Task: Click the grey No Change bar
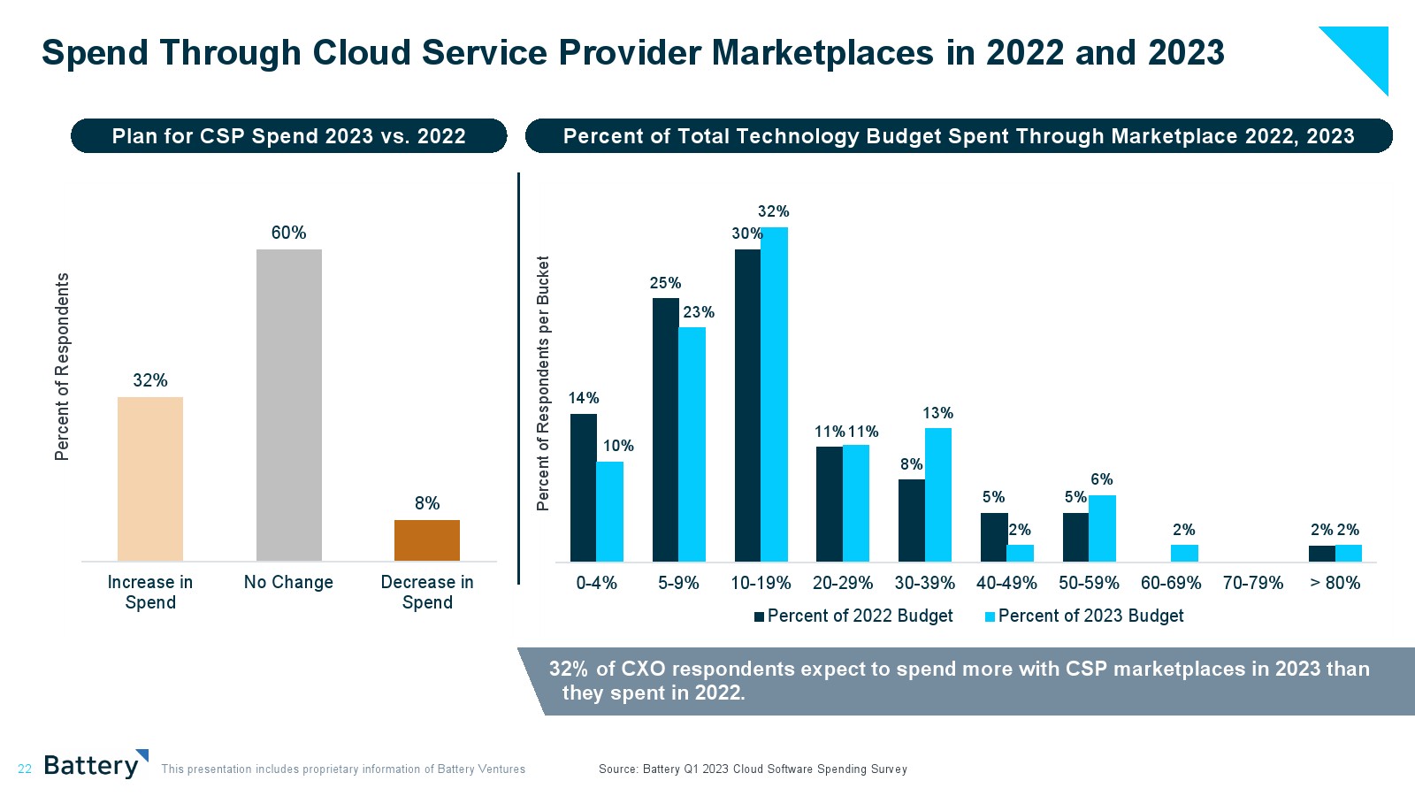coord(288,405)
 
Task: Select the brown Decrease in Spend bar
coord(427,540)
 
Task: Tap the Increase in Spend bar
coord(150,478)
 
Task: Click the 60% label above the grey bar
coord(288,233)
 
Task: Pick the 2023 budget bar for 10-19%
coord(775,394)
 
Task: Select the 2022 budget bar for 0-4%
coord(584,487)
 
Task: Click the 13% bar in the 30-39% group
coord(938,494)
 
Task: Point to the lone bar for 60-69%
coord(1184,553)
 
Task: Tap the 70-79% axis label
coord(1252,583)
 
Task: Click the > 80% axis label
coord(1335,583)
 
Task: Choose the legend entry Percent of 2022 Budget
coord(853,616)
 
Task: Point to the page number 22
coord(25,769)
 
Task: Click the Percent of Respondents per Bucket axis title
coord(543,383)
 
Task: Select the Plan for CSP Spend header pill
coord(288,136)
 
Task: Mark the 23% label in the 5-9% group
coord(699,312)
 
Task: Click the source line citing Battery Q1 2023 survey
coord(753,769)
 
